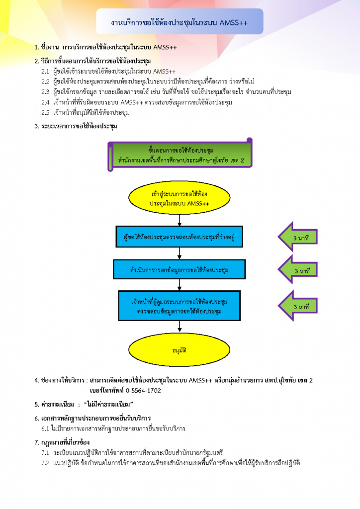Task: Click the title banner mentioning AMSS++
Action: point(180,21)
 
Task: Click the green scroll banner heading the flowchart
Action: point(180,155)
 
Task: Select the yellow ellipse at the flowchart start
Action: point(179,198)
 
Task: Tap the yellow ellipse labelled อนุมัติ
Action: point(179,349)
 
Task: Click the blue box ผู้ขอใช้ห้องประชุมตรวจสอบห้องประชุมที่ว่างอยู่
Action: point(179,237)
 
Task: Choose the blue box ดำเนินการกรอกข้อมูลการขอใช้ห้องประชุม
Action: point(179,269)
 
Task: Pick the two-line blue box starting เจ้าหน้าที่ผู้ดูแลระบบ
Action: point(179,306)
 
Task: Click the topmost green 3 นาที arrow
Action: point(298,237)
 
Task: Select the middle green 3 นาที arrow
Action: point(298,269)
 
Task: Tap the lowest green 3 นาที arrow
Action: point(298,306)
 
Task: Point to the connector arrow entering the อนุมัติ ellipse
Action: point(180,327)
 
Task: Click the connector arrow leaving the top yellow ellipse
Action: point(180,220)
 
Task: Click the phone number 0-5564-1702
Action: point(143,391)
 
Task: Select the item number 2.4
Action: point(45,102)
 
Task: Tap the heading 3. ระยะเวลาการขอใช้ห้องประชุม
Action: point(76,126)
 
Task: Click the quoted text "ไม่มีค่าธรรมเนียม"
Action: point(108,405)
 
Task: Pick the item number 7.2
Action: point(45,463)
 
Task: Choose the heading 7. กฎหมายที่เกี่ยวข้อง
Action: point(62,442)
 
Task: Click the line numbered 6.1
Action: point(113,428)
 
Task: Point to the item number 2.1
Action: point(45,72)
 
